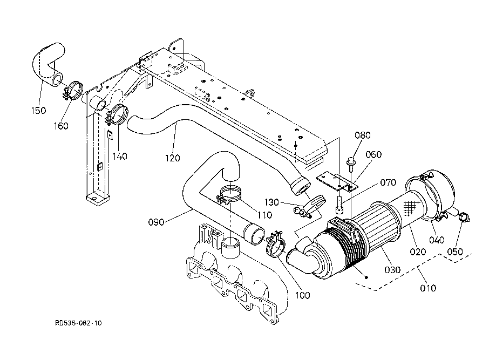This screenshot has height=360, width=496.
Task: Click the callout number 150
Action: [39, 111]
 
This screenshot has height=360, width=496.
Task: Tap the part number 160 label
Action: [61, 126]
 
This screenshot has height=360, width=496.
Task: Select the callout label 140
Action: [120, 157]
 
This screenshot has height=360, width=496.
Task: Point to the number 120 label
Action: [172, 158]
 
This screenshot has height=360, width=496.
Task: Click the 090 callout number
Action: [157, 222]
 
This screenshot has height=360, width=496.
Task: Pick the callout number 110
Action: [265, 215]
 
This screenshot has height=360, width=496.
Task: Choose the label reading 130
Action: [271, 202]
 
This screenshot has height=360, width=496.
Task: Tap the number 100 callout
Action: [303, 295]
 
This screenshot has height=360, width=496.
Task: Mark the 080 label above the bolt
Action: [363, 135]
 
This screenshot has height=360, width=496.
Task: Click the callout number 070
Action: [388, 182]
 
